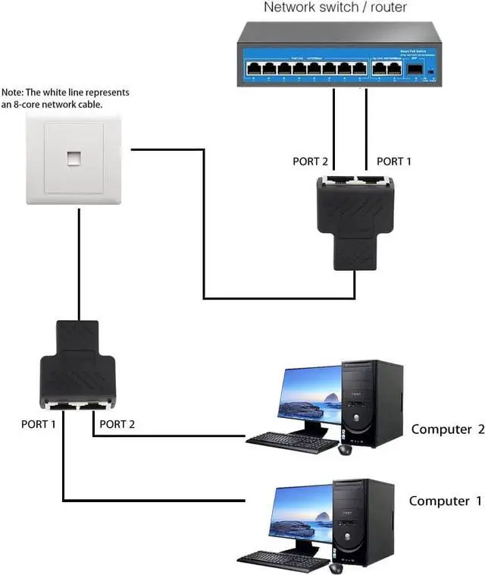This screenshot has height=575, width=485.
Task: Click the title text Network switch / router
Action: pos(335,8)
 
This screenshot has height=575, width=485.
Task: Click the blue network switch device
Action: pos(339,58)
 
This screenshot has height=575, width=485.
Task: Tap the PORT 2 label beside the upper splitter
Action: pos(311,162)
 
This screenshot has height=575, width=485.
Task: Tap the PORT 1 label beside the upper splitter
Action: pos(395,162)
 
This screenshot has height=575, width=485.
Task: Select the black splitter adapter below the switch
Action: pos(355,216)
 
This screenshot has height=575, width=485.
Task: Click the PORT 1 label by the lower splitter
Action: pos(38,424)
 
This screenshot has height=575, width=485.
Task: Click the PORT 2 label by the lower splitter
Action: pos(117,424)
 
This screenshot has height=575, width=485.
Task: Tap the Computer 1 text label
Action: pos(445,501)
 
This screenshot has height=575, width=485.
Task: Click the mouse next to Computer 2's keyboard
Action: pos(345,449)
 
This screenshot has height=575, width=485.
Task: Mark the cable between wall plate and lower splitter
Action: pos(79,262)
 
